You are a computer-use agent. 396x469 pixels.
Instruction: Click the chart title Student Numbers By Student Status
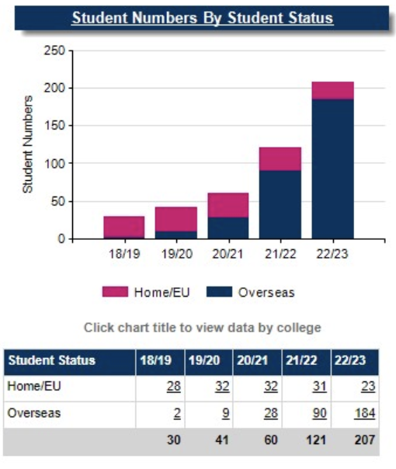(202, 18)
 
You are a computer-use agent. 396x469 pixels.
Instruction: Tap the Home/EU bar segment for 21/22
(280, 158)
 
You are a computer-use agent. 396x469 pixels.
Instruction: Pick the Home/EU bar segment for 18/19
(123, 227)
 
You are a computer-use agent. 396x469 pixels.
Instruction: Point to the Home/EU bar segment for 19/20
(175, 219)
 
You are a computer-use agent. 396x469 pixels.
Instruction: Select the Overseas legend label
(266, 292)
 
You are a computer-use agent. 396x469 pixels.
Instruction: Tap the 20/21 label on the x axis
(227, 252)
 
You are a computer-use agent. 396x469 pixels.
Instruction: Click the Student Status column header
(51, 360)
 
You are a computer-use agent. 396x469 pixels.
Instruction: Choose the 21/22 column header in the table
(304, 360)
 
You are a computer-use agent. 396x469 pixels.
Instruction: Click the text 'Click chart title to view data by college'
(202, 327)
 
